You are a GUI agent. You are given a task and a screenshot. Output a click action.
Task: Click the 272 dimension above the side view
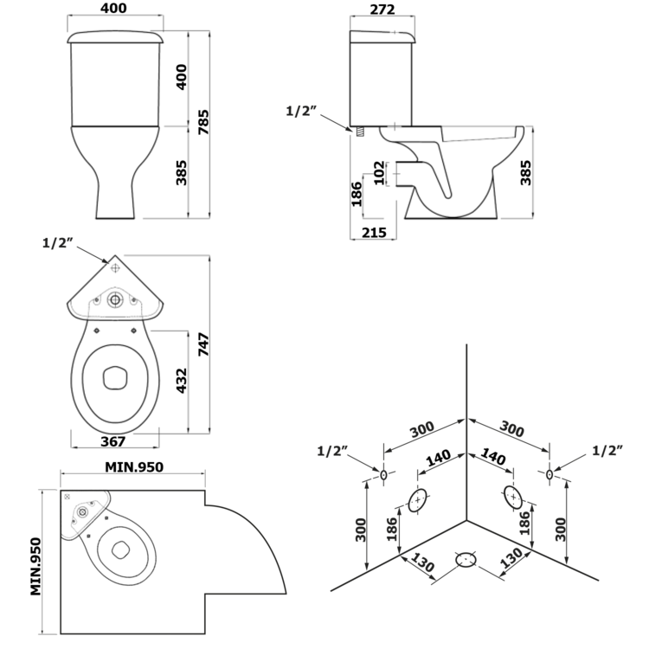382,10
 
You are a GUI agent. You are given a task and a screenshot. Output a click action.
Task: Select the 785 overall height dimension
202,122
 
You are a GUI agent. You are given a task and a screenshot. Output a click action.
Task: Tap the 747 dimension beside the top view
202,344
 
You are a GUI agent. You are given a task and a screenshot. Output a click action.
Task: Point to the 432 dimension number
182,381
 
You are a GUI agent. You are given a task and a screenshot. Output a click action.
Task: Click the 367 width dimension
113,441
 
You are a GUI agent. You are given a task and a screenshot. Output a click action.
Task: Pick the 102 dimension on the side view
379,172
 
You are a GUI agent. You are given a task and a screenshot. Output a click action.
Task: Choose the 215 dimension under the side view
374,233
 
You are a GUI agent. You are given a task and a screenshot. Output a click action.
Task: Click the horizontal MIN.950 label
134,467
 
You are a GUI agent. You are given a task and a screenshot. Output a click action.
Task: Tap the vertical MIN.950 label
36,566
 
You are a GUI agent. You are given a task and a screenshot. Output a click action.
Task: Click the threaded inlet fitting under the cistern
360,132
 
